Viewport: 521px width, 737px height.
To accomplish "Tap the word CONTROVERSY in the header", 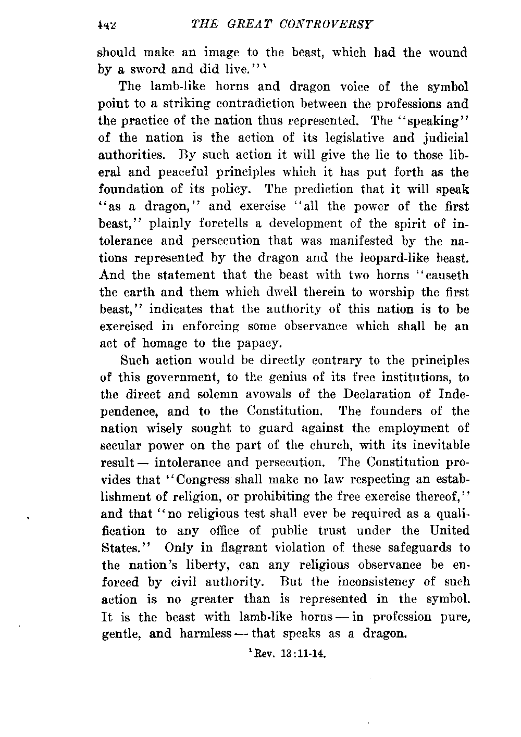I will point(325,24).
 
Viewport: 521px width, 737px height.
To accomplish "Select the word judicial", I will point(444,138).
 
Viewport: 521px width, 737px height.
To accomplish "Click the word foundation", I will point(129,189).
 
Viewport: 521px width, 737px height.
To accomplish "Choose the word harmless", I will point(205,635).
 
